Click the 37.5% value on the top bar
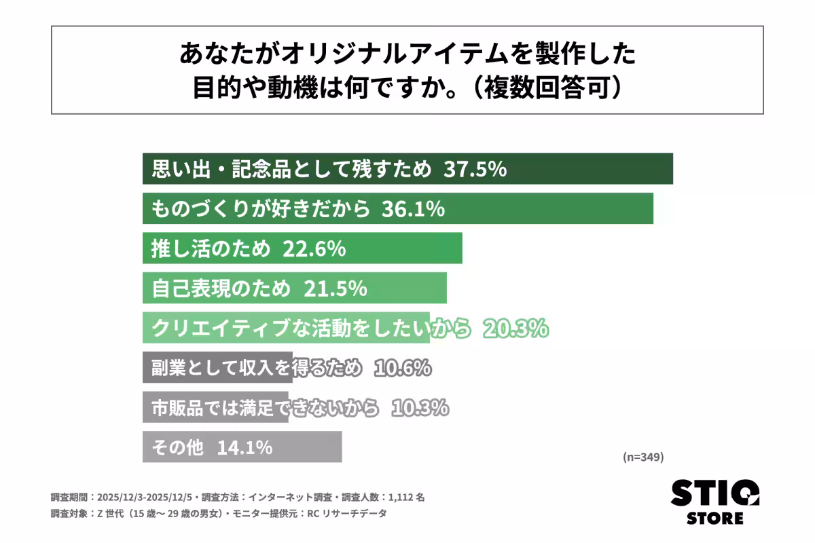(x=475, y=169)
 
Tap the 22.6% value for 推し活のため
(x=314, y=249)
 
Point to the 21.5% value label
(x=335, y=288)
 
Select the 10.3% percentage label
(x=419, y=408)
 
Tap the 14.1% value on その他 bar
(x=244, y=448)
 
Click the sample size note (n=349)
(x=642, y=457)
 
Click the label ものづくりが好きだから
(x=260, y=209)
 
